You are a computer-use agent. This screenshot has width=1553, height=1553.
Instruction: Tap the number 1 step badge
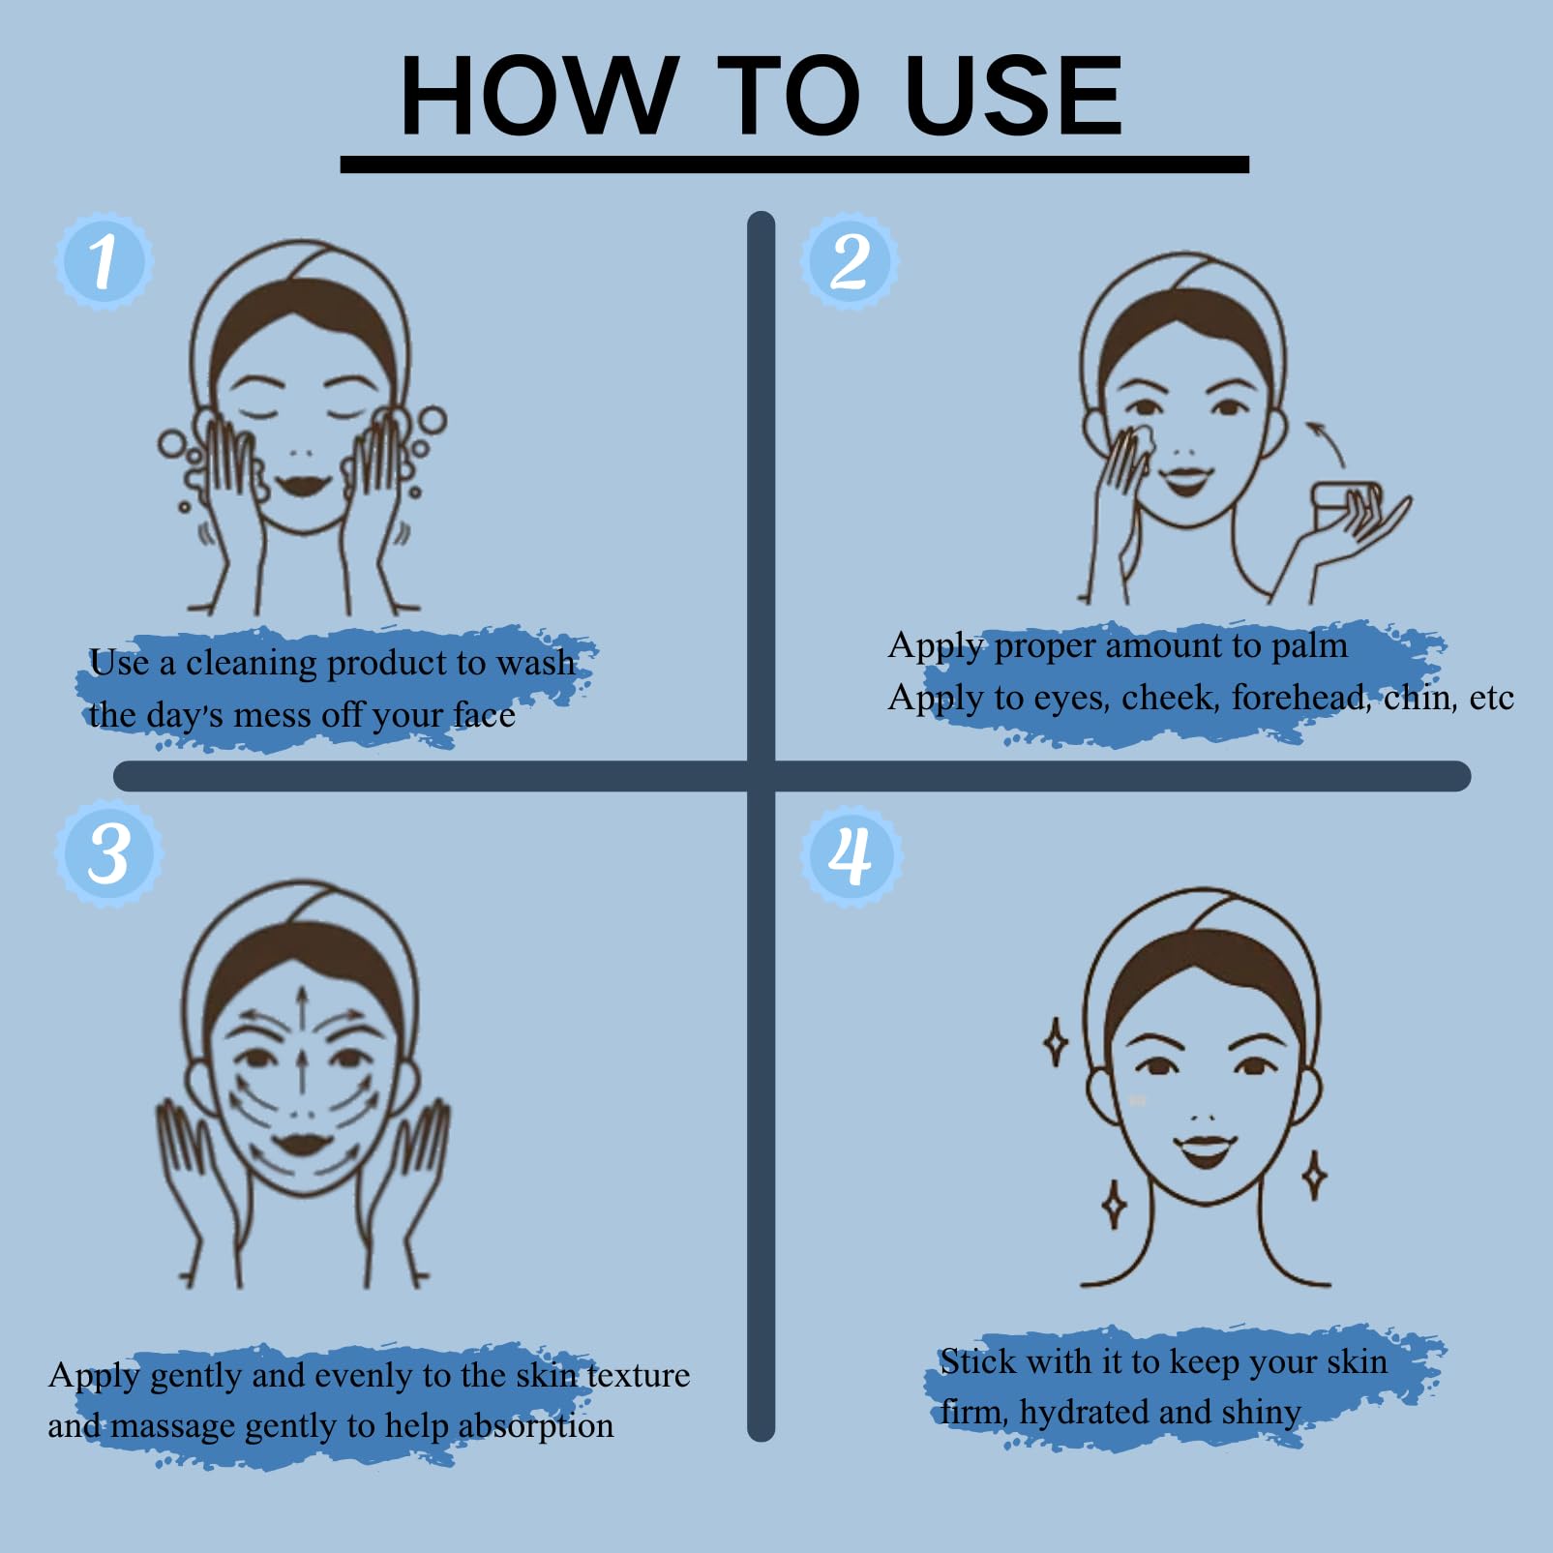[x=104, y=261]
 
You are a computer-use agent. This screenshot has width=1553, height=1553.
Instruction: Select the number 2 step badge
[x=850, y=261]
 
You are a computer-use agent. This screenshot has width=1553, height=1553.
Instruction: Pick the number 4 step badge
[x=851, y=855]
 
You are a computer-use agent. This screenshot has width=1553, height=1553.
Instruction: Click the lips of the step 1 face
[x=304, y=483]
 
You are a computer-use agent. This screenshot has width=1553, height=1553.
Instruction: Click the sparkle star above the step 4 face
[x=1056, y=1043]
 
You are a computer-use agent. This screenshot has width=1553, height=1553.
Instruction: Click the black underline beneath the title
[x=794, y=164]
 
